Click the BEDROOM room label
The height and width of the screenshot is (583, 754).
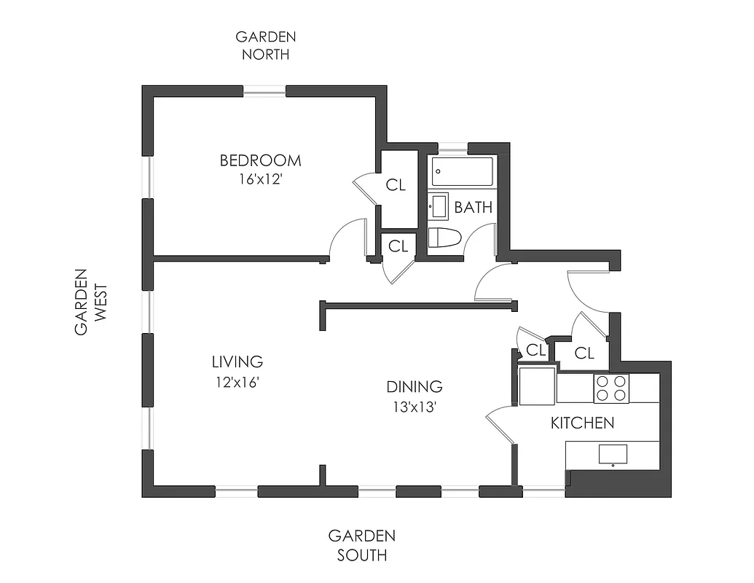pyautogui.click(x=260, y=160)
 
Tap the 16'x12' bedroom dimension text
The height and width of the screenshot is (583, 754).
pyautogui.click(x=260, y=179)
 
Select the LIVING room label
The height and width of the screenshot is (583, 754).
pyautogui.click(x=237, y=361)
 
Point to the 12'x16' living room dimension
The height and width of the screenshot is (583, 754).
pyautogui.click(x=237, y=380)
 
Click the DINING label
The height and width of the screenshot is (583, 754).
pyautogui.click(x=414, y=387)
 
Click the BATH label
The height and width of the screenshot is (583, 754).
pyautogui.click(x=473, y=208)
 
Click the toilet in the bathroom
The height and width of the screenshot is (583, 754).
pyautogui.click(x=444, y=238)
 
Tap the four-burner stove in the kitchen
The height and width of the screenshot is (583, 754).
pyautogui.click(x=610, y=388)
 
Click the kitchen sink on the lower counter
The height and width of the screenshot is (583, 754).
pyautogui.click(x=612, y=454)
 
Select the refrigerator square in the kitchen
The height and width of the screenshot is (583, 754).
pyautogui.click(x=536, y=386)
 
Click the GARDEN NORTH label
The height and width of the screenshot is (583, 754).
pyautogui.click(x=265, y=45)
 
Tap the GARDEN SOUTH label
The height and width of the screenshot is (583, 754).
pyautogui.click(x=361, y=545)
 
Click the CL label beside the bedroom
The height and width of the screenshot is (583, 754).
pyautogui.click(x=396, y=185)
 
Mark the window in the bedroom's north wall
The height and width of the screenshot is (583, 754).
pyautogui.click(x=264, y=91)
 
